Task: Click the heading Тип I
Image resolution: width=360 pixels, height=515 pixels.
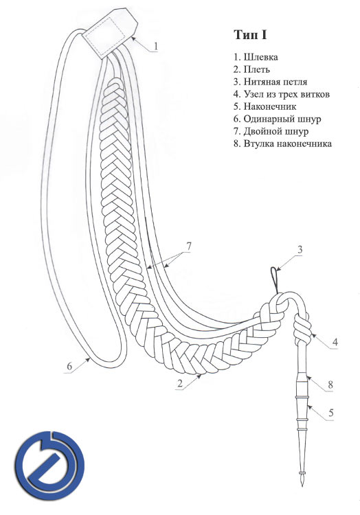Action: (249, 34)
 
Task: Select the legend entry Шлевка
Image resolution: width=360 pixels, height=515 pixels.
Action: (256, 57)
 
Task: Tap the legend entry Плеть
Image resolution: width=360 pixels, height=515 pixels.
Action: (252, 69)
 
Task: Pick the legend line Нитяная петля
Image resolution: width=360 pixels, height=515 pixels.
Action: (271, 82)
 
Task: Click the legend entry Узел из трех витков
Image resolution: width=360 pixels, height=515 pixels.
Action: (282, 94)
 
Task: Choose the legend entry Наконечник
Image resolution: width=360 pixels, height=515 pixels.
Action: (265, 106)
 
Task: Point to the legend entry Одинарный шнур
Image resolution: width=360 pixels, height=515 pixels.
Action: (278, 119)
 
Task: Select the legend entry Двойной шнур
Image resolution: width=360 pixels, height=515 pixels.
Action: (271, 131)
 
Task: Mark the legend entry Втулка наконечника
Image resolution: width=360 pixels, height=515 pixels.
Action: (283, 144)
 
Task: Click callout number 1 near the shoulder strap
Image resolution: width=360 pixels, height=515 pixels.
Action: (156, 45)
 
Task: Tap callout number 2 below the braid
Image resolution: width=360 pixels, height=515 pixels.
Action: (180, 383)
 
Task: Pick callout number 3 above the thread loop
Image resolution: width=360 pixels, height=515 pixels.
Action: (300, 250)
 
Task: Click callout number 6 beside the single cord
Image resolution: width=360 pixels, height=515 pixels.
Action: (69, 366)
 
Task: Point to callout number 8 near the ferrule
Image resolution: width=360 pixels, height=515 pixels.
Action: (330, 385)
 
